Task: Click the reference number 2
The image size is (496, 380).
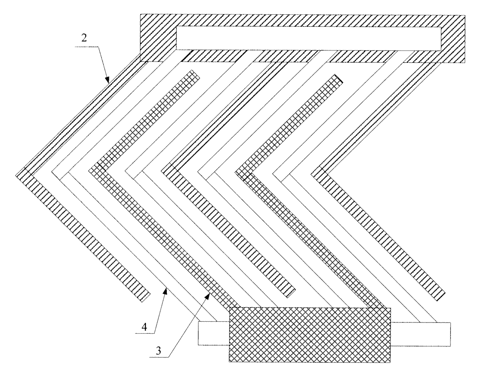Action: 84,38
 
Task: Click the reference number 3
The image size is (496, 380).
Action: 158,350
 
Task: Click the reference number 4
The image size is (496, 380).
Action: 144,327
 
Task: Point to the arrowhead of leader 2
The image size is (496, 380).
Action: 107,80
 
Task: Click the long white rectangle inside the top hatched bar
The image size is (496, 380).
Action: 308,38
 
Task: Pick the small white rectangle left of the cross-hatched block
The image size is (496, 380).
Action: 214,333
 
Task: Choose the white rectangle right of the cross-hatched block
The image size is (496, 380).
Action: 420,334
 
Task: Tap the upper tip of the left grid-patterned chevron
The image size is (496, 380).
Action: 195,74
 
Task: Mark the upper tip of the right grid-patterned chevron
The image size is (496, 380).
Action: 339,79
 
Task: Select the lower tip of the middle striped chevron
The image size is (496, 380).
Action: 291,294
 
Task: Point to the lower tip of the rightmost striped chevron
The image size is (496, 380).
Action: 440,296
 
